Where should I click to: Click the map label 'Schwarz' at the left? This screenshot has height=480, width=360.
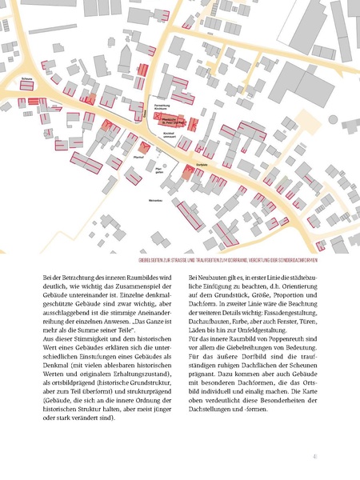pos(27,78)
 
